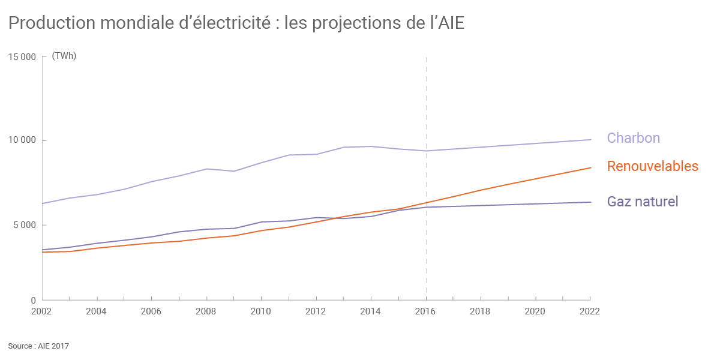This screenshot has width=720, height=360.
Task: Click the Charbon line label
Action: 633,138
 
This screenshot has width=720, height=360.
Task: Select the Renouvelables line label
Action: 652,166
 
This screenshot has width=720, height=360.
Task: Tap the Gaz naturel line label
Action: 642,202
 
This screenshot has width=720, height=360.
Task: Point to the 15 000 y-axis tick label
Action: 22,57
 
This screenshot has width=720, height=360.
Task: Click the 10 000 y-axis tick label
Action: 22,140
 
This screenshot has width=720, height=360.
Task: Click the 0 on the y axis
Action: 34,300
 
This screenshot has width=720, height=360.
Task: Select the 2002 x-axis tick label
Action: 41,311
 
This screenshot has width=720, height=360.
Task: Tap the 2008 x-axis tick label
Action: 206,311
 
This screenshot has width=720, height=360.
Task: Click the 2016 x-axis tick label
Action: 425,311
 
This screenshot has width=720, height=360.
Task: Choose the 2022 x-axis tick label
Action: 590,311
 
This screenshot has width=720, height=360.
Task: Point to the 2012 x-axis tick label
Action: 316,311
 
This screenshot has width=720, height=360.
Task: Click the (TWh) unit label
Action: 64,56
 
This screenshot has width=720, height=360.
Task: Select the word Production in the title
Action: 52,23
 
